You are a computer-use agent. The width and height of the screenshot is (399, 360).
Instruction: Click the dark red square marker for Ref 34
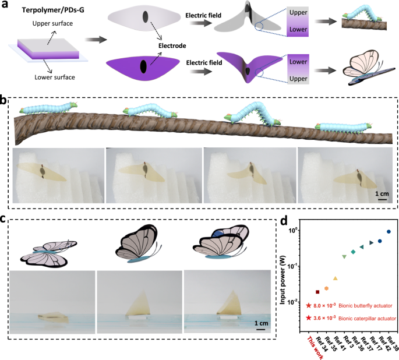(317, 292)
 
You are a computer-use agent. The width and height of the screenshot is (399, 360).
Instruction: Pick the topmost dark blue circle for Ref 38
(389, 232)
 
